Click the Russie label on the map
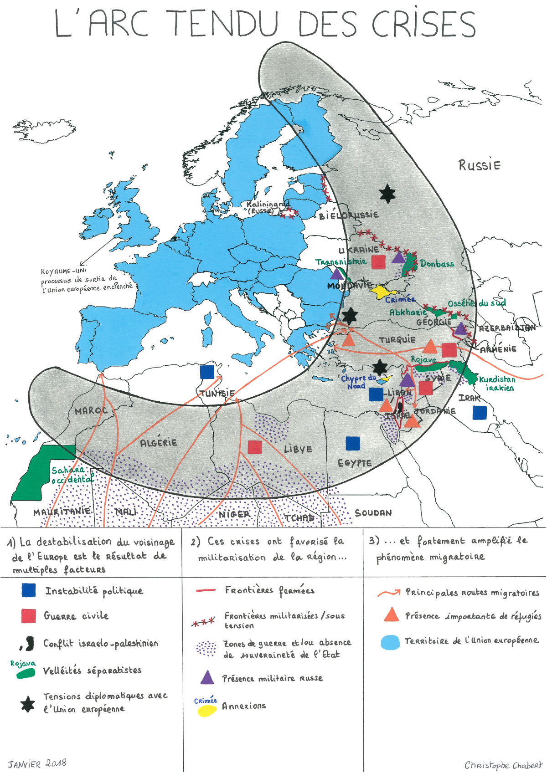[479, 165]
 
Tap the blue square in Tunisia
[207, 372]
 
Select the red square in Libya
[255, 447]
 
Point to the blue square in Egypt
[352, 443]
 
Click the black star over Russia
[387, 194]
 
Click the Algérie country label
[158, 442]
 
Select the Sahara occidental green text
[72, 475]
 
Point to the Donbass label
[437, 264]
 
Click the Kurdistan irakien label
[497, 383]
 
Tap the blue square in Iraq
[479, 413]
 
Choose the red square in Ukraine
[378, 262]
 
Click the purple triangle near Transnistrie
[336, 274]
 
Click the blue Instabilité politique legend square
[29, 590]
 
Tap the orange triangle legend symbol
[391, 615]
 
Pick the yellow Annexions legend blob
[206, 711]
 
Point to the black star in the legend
[28, 704]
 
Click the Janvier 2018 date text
[37, 763]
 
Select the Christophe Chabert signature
[503, 765]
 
